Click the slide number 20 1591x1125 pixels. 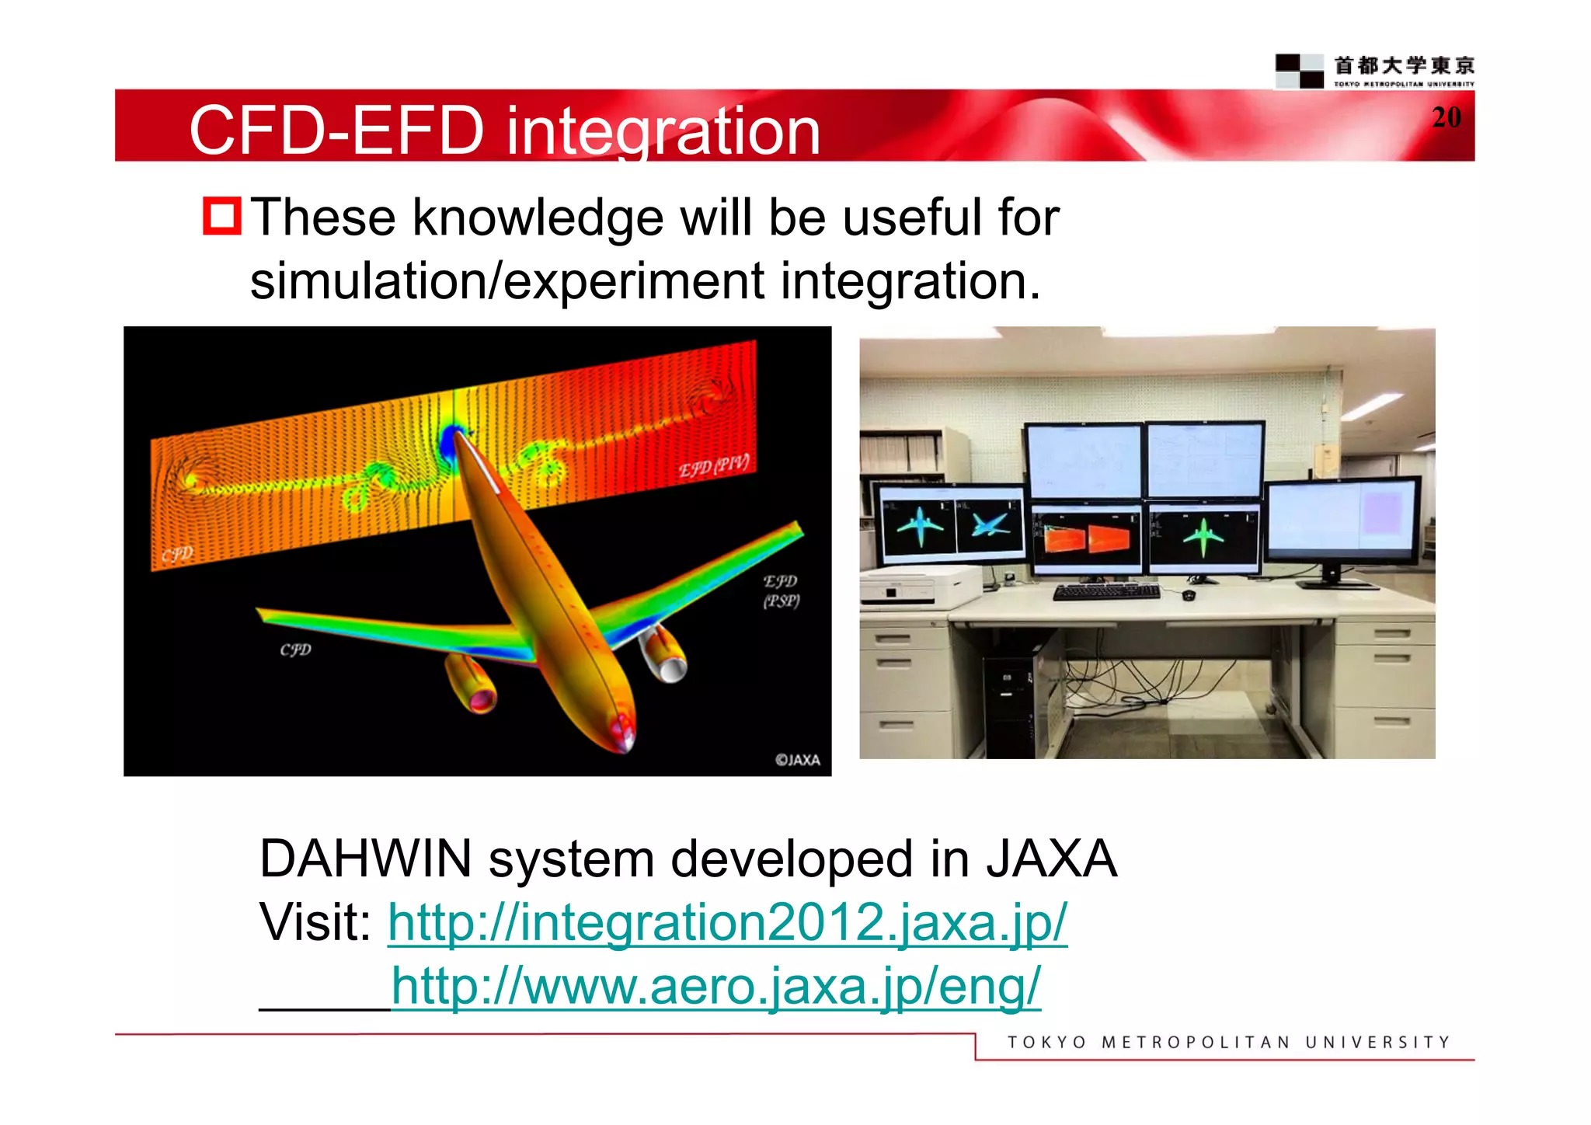(1446, 117)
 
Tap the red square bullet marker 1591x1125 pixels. (222, 216)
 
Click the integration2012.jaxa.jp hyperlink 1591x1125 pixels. (727, 923)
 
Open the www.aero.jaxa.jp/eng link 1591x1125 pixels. (715, 987)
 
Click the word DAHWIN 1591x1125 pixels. (365, 859)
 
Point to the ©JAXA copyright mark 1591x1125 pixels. (797, 760)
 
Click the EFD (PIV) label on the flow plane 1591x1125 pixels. (713, 467)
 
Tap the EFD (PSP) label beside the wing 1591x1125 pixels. (781, 591)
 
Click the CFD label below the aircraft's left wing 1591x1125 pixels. (295, 650)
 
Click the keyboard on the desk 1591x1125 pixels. (1106, 593)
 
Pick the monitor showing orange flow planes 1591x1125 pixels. (1086, 538)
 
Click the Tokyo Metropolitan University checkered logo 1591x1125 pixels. (1299, 71)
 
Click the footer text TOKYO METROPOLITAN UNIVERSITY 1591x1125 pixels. (1228, 1043)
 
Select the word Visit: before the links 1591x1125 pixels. (315, 923)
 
